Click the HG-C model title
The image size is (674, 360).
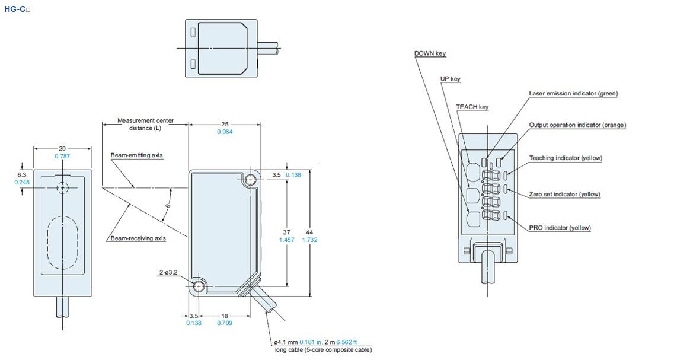coord(17,9)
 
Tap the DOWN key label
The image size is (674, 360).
coord(430,53)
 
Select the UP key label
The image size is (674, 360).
coord(450,79)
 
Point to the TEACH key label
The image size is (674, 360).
coord(472,107)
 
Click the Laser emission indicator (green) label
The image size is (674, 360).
coord(573,93)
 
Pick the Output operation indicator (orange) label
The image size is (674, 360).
coord(577,125)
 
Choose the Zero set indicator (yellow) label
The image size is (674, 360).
coord(564,194)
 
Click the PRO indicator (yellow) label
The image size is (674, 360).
coord(560,228)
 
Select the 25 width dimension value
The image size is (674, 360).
coord(225,124)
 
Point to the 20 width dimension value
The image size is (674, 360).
coord(62,149)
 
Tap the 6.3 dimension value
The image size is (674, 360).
coord(21,175)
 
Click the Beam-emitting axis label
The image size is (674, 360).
coord(136,155)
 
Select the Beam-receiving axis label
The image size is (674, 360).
coord(138,238)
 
